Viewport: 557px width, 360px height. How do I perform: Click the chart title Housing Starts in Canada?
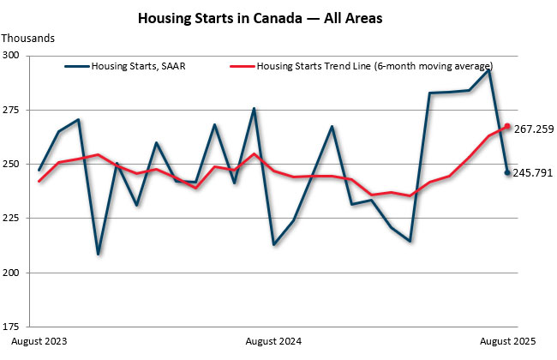click(x=278, y=17)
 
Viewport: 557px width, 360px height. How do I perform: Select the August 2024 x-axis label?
click(x=273, y=341)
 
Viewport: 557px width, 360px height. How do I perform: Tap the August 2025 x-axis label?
click(x=507, y=341)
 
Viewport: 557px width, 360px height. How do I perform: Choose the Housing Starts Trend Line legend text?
click(x=374, y=66)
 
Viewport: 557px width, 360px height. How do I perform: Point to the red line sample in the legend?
click(x=243, y=66)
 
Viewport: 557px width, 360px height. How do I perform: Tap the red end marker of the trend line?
click(x=507, y=126)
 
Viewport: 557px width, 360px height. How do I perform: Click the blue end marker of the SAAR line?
click(x=507, y=173)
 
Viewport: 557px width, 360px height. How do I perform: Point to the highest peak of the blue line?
click(x=488, y=69)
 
